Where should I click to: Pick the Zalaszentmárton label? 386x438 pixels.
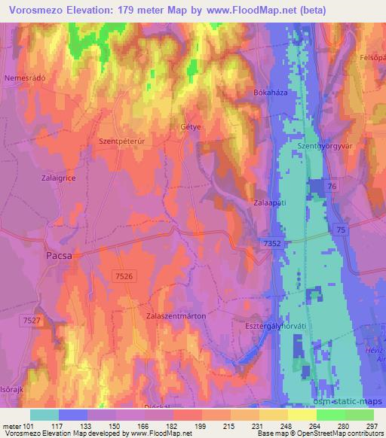[x=176, y=317]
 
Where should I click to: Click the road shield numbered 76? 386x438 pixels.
[x=332, y=185]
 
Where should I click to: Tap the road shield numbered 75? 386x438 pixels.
[x=342, y=230]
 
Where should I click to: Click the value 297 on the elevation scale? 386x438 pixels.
[x=369, y=426]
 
